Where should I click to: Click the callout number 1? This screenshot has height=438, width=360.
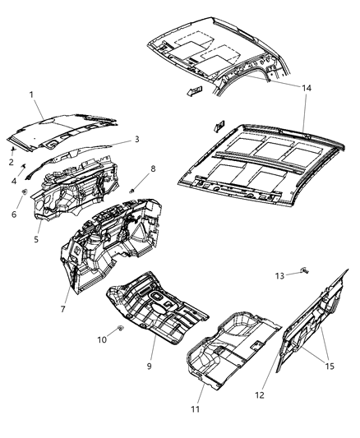pos(31,95)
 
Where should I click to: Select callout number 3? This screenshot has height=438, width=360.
pos(137,141)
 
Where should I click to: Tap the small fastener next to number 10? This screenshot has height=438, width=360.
pos(120,330)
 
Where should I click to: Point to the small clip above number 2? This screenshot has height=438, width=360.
pos(14,150)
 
